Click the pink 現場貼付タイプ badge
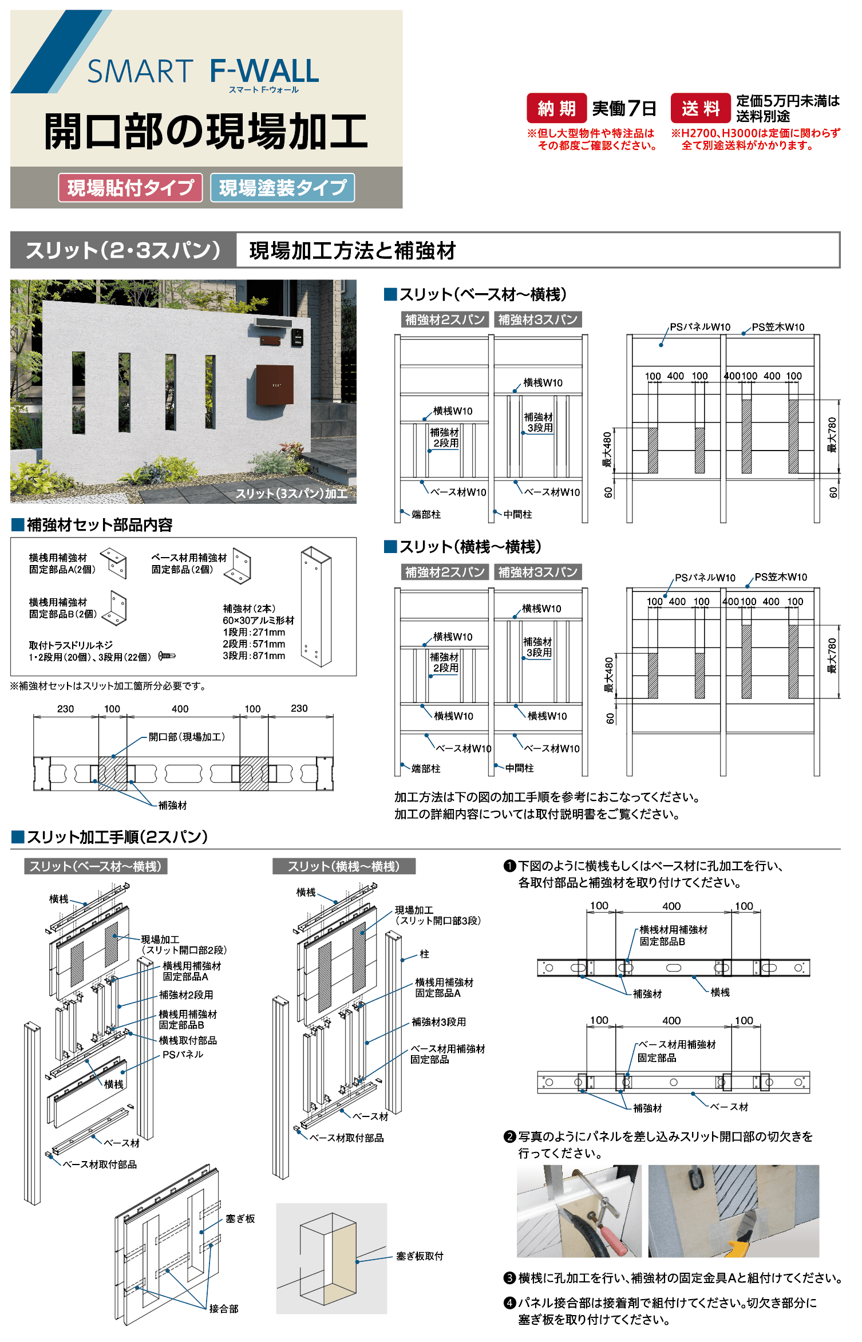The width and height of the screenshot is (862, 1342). click(x=131, y=188)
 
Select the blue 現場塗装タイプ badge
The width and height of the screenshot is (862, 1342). click(x=282, y=188)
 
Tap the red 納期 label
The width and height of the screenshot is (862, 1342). click(x=556, y=108)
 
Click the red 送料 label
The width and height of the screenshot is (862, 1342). click(x=701, y=108)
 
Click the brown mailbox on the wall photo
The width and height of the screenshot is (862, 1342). click(x=275, y=385)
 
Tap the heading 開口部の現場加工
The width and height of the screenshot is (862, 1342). click(x=206, y=131)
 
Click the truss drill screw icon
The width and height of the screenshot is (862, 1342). click(x=167, y=656)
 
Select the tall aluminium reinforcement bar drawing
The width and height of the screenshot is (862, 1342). click(x=316, y=607)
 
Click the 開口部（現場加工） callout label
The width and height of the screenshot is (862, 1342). click(x=187, y=737)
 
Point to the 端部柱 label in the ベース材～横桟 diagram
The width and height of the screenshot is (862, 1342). click(x=426, y=515)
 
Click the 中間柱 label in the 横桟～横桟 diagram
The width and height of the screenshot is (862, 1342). click(x=519, y=768)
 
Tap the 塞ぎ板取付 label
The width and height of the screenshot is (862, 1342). click(x=420, y=1256)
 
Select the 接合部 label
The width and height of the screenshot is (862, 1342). click(x=224, y=1309)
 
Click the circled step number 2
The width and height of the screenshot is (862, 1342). click(x=509, y=1136)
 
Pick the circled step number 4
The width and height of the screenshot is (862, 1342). click(x=509, y=1303)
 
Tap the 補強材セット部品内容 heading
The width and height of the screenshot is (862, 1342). click(x=100, y=525)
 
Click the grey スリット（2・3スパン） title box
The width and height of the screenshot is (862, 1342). click(x=123, y=250)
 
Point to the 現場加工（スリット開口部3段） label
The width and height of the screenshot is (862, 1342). click(x=438, y=915)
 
